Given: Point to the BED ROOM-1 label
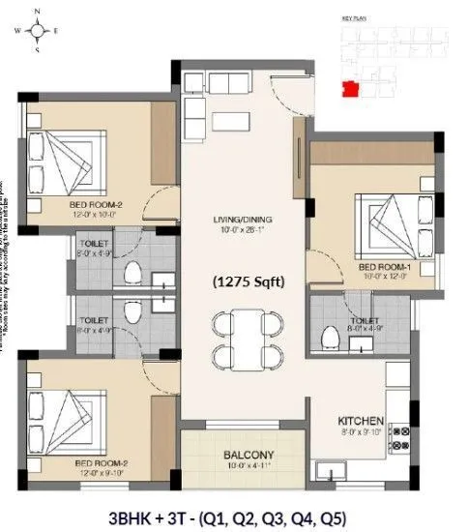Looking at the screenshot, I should tap(382, 266).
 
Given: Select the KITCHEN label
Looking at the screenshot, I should tap(361, 422).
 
